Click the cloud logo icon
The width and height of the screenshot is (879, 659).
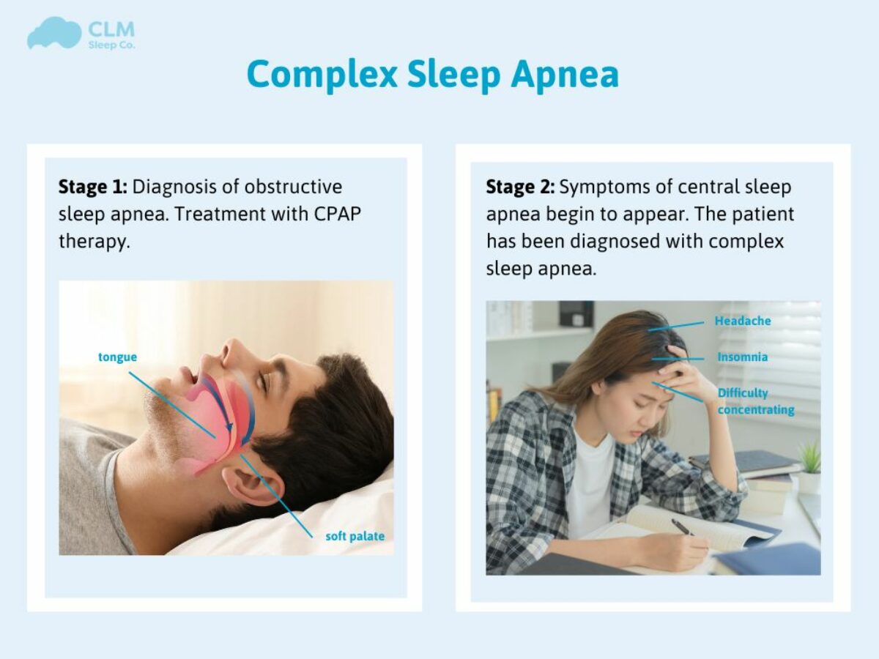(x=53, y=34)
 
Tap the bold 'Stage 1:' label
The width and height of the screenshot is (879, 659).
(x=93, y=187)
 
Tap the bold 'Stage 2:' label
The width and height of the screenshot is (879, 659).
(x=520, y=187)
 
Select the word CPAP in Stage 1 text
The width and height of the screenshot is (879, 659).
(x=335, y=214)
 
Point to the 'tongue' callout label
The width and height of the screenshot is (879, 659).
(x=117, y=357)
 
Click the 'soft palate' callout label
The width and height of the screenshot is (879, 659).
(x=355, y=536)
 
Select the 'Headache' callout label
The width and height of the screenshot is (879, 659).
(x=742, y=321)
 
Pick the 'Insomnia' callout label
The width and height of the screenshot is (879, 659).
(x=742, y=357)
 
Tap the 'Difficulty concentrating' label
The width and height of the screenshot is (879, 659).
(x=754, y=401)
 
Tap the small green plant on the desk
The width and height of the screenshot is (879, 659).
(x=809, y=458)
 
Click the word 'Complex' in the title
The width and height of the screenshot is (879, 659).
(x=322, y=75)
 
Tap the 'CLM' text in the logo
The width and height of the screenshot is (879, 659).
(x=111, y=30)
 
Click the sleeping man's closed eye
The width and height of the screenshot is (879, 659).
(x=265, y=381)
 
